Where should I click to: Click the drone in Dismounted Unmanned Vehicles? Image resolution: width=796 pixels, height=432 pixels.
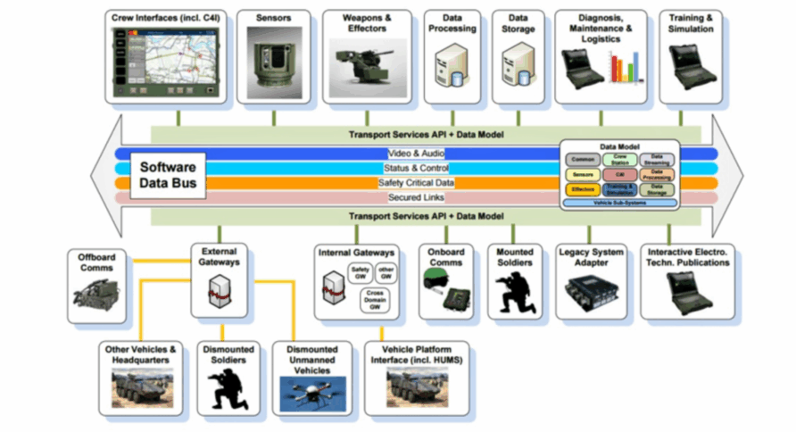[x=311, y=392]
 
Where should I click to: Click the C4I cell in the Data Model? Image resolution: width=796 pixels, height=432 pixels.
[x=619, y=175]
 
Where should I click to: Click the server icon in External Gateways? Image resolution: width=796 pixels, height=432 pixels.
[x=218, y=289]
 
